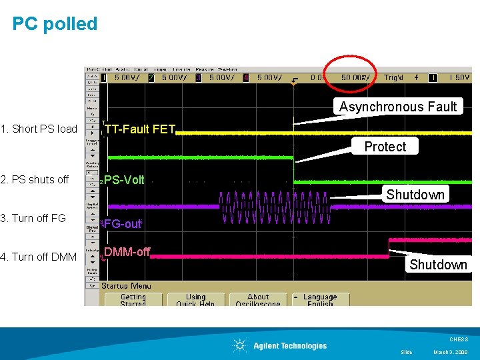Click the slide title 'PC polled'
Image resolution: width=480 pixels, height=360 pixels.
pos(55,24)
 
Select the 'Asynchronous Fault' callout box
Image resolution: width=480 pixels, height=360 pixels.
pos(398,107)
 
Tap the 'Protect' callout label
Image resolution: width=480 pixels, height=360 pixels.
pos(385,147)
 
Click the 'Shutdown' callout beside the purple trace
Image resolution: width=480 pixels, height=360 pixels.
pos(415,195)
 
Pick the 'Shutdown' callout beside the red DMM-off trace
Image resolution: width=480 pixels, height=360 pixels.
pos(438,265)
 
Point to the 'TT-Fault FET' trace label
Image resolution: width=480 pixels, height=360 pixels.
pos(140,129)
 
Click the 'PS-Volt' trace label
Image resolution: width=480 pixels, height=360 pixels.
pos(124,180)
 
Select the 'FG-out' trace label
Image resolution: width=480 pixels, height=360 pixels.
pos(123,224)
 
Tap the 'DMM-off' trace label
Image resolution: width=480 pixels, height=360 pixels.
pos(127,252)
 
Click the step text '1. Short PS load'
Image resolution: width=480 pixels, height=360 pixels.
pos(39,129)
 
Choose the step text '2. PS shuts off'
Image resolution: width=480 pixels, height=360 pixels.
pos(35,180)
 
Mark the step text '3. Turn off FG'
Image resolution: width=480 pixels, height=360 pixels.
pos(33,219)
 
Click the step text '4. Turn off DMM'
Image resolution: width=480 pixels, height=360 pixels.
pos(39,257)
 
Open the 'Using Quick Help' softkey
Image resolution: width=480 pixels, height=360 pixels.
pos(195,299)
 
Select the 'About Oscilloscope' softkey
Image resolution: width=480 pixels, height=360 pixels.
pos(258,299)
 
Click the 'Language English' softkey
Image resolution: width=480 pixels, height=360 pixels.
pos(320,299)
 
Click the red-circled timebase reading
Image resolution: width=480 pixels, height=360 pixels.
pos(353,77)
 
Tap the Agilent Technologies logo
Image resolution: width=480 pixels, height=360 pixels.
pos(280,345)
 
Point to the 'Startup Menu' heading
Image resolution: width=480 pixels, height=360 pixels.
pos(126,286)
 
